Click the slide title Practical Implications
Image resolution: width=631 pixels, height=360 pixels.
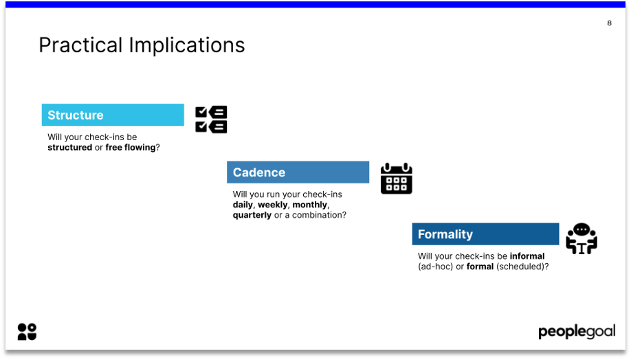click(142, 45)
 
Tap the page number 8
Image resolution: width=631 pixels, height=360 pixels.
click(609, 23)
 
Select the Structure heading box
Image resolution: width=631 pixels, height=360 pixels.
click(113, 115)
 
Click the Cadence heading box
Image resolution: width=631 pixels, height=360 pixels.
click(298, 172)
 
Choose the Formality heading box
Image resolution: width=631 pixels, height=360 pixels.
click(485, 234)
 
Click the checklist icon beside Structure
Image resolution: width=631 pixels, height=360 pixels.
click(211, 120)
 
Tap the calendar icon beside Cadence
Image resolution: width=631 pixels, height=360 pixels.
click(396, 179)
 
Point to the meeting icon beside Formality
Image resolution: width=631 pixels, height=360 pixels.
click(581, 239)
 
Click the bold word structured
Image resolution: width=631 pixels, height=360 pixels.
click(69, 148)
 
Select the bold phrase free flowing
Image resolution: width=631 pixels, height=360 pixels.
click(130, 148)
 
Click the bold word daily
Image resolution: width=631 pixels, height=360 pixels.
click(243, 205)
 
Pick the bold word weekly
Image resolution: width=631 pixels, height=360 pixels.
click(272, 205)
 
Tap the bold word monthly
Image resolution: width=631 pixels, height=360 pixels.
click(310, 205)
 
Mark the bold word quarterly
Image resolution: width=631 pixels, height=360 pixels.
click(252, 215)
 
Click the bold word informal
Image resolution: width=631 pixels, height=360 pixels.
click(527, 256)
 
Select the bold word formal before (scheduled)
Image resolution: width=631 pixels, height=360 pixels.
click(480, 267)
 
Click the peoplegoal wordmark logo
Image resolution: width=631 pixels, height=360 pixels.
click(576, 333)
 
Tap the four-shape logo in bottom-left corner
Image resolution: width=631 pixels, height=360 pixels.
click(27, 332)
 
